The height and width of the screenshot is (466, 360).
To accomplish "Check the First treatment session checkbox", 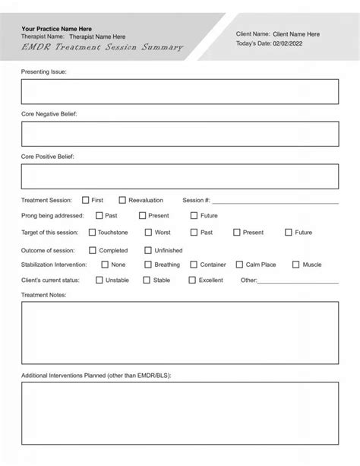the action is pyautogui.click(x=86, y=200).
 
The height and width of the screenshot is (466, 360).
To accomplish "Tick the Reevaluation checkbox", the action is pyautogui.click(x=122, y=200).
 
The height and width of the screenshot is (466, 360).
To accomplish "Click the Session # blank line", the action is pyautogui.click(x=274, y=202).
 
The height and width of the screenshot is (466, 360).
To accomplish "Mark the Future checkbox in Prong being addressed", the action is pyautogui.click(x=194, y=216).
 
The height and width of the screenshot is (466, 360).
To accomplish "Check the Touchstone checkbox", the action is pyautogui.click(x=93, y=233).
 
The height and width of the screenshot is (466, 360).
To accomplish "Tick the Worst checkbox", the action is pyautogui.click(x=148, y=233).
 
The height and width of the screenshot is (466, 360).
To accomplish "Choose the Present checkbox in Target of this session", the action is pyautogui.click(x=237, y=233).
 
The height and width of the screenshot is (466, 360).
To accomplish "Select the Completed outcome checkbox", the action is pyautogui.click(x=93, y=250).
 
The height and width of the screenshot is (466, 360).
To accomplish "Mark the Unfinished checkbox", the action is pyautogui.click(x=148, y=250).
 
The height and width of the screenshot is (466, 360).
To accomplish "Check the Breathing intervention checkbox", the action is pyautogui.click(x=148, y=265).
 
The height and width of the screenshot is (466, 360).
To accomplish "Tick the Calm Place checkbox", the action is pyautogui.click(x=239, y=265).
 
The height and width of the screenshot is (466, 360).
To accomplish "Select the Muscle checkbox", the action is pyautogui.click(x=296, y=265).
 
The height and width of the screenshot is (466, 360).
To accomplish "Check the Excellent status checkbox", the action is pyautogui.click(x=193, y=280).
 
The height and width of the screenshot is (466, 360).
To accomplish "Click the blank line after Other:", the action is pyautogui.click(x=298, y=282).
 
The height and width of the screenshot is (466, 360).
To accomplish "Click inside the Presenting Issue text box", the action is pyautogui.click(x=179, y=91).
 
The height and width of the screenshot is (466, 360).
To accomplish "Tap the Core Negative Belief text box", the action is pyautogui.click(x=179, y=134).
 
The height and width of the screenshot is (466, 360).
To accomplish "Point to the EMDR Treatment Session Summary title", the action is pyautogui.click(x=103, y=47).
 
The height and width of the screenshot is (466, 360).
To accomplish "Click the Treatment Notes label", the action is pyautogui.click(x=44, y=294).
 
